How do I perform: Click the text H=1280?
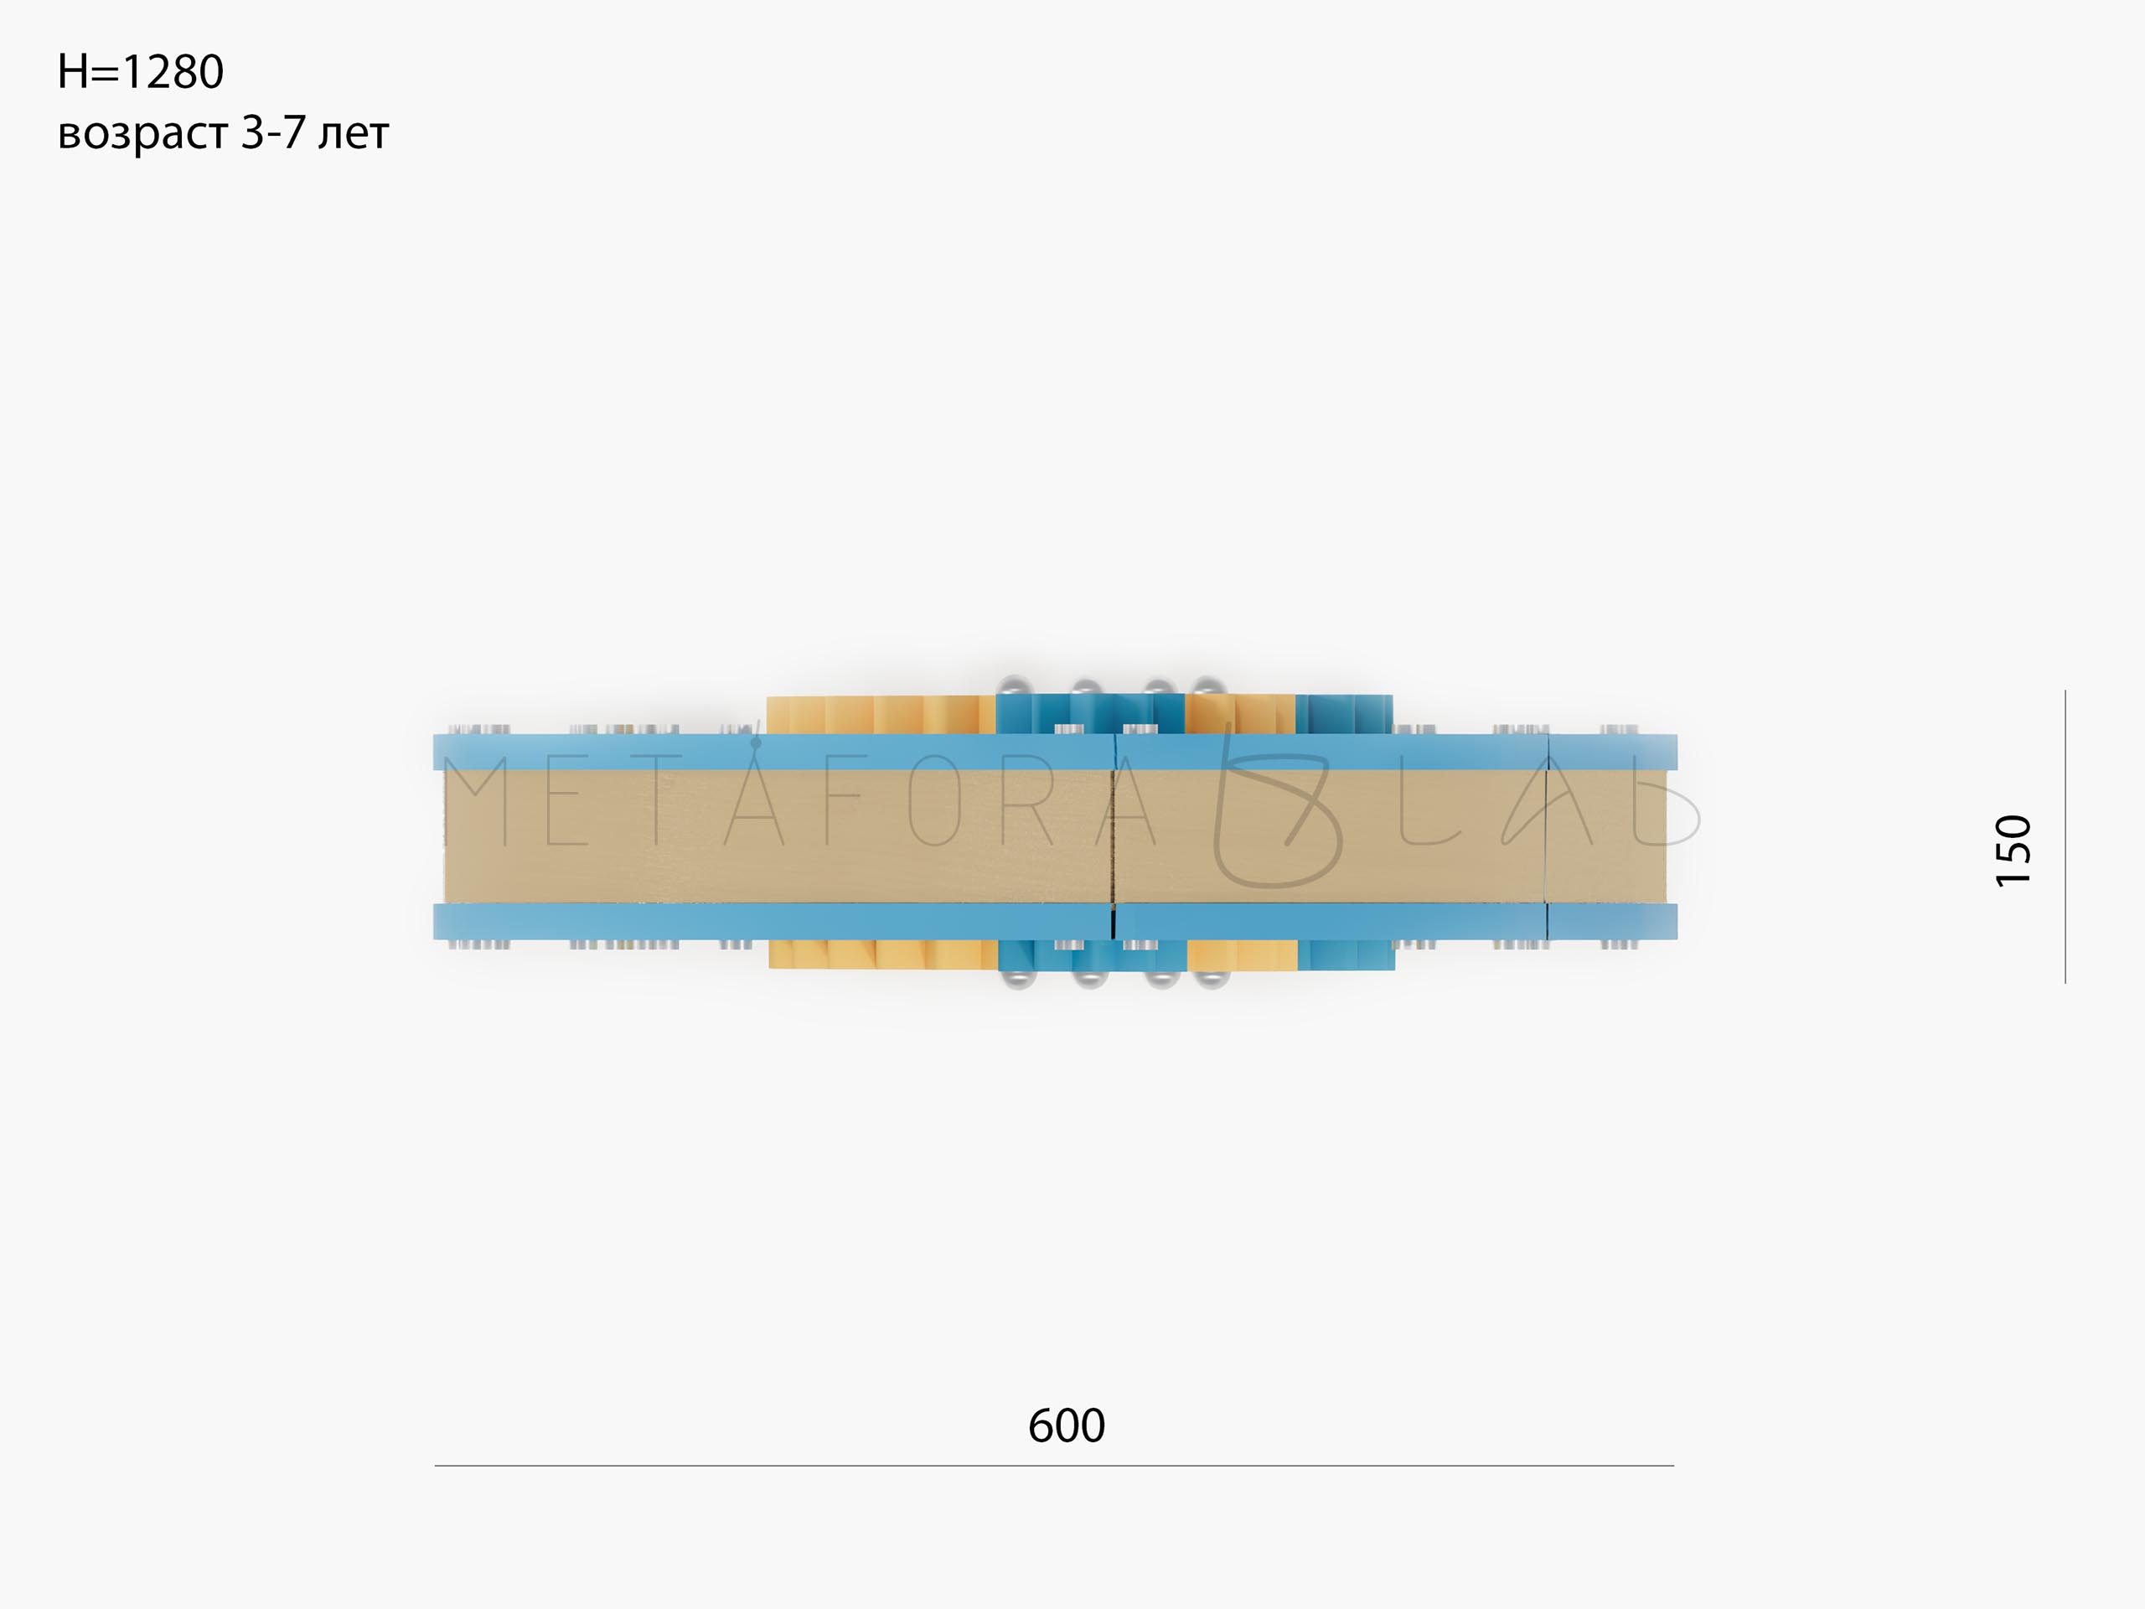click(141, 72)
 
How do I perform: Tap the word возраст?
click(143, 135)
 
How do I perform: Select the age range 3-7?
click(273, 132)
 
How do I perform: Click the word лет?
click(354, 135)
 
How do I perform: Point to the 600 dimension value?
click(1067, 1425)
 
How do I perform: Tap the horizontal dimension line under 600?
click(1054, 1466)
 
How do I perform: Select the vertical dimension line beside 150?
click(2065, 836)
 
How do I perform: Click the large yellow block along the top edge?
click(881, 715)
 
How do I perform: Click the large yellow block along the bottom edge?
click(883, 955)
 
